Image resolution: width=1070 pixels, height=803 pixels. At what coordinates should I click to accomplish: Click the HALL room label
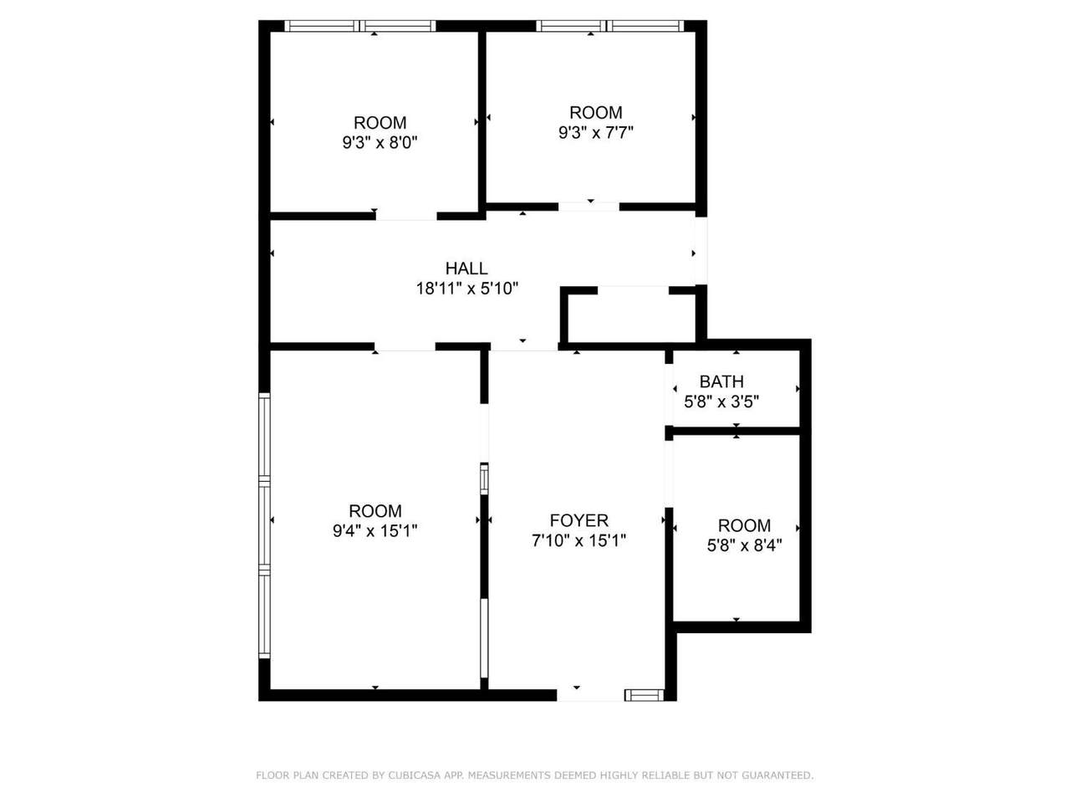click(x=466, y=269)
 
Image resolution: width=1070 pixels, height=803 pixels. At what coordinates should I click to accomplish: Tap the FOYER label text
click(x=578, y=520)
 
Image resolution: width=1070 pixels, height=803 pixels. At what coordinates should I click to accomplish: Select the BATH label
click(x=721, y=381)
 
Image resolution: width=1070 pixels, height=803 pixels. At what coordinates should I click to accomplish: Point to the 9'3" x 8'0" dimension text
click(x=380, y=142)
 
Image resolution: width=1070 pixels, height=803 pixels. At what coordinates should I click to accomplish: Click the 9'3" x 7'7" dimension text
click(x=596, y=132)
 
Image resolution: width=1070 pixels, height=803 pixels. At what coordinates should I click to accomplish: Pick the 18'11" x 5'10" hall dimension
click(x=466, y=289)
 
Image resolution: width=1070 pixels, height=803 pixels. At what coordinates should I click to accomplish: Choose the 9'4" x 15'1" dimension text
click(x=374, y=530)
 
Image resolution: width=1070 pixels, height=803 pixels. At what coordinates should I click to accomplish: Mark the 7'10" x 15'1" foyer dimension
click(x=578, y=540)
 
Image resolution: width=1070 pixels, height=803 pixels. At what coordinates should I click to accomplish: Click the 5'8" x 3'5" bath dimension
click(x=721, y=401)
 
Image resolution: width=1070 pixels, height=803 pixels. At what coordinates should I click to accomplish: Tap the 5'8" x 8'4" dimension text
click(x=744, y=545)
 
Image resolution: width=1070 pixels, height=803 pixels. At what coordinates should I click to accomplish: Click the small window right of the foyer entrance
click(x=644, y=695)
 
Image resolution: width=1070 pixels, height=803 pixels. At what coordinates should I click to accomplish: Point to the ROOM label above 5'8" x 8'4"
click(x=744, y=525)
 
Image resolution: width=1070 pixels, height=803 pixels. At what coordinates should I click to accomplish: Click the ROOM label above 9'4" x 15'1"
click(x=374, y=510)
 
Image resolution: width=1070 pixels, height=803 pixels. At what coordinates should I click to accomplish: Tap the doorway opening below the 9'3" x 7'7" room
click(x=588, y=207)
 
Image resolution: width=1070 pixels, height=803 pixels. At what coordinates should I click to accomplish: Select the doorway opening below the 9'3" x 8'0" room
click(x=406, y=216)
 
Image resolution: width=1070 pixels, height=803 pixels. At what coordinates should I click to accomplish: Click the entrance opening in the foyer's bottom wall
click(x=590, y=695)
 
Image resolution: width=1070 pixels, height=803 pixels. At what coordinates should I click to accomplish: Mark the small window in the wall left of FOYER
click(x=484, y=479)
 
